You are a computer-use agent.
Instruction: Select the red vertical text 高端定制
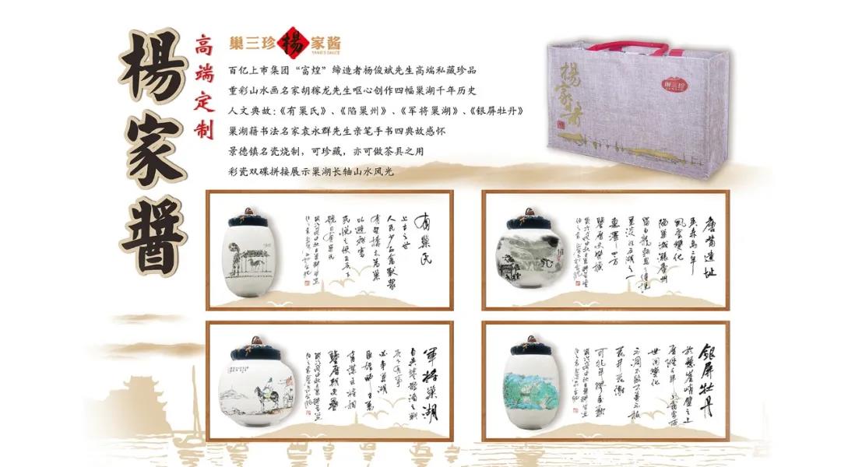pyautogui.click(x=203, y=86)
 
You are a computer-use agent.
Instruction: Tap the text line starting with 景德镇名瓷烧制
pyautogui.click(x=326, y=152)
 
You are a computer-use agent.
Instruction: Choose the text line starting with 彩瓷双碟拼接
pyautogui.click(x=311, y=171)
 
